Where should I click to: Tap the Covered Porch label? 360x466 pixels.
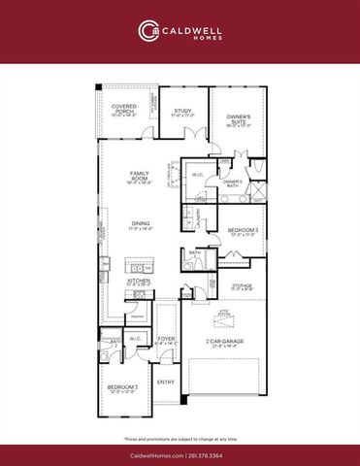click(123, 109)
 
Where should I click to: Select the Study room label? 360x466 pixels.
click(183, 112)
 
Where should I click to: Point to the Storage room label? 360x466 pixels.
click(242, 286)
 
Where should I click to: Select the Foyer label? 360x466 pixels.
click(166, 340)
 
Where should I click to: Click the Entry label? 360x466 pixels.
click(166, 382)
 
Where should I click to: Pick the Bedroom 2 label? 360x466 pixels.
click(121, 388)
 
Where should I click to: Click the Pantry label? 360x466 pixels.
click(138, 316)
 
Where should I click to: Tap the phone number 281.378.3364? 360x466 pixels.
click(212, 454)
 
